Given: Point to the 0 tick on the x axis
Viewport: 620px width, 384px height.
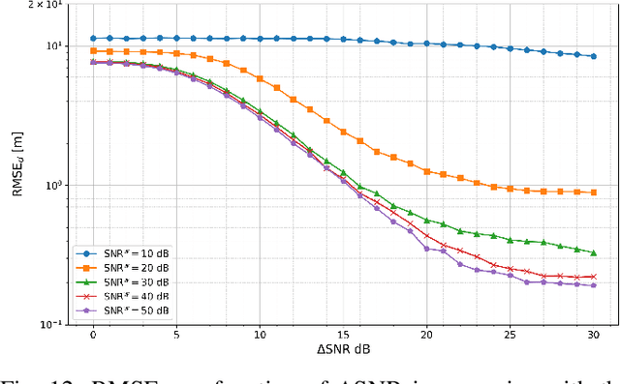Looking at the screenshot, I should [x=93, y=334].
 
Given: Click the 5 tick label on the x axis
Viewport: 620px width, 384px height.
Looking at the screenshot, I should [x=176, y=334].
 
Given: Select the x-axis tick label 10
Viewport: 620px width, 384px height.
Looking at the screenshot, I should [x=260, y=334].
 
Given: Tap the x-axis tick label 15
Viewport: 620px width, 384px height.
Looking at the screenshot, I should [x=343, y=334].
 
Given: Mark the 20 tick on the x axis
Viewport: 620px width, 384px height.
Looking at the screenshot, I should [x=426, y=334].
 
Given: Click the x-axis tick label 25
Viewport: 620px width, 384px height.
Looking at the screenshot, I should [x=510, y=334].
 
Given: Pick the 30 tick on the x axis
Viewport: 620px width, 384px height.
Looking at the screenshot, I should [x=593, y=334].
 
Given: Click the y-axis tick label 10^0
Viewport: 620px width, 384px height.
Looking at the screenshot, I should [x=53, y=185].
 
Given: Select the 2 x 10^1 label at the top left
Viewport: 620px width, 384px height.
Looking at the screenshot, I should [x=45, y=6].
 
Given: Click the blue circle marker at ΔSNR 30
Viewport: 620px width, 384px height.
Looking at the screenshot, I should [x=593, y=56].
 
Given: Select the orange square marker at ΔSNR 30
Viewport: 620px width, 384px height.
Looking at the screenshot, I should [x=593, y=192].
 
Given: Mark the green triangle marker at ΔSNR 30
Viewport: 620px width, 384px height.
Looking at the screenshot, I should [x=593, y=251].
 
